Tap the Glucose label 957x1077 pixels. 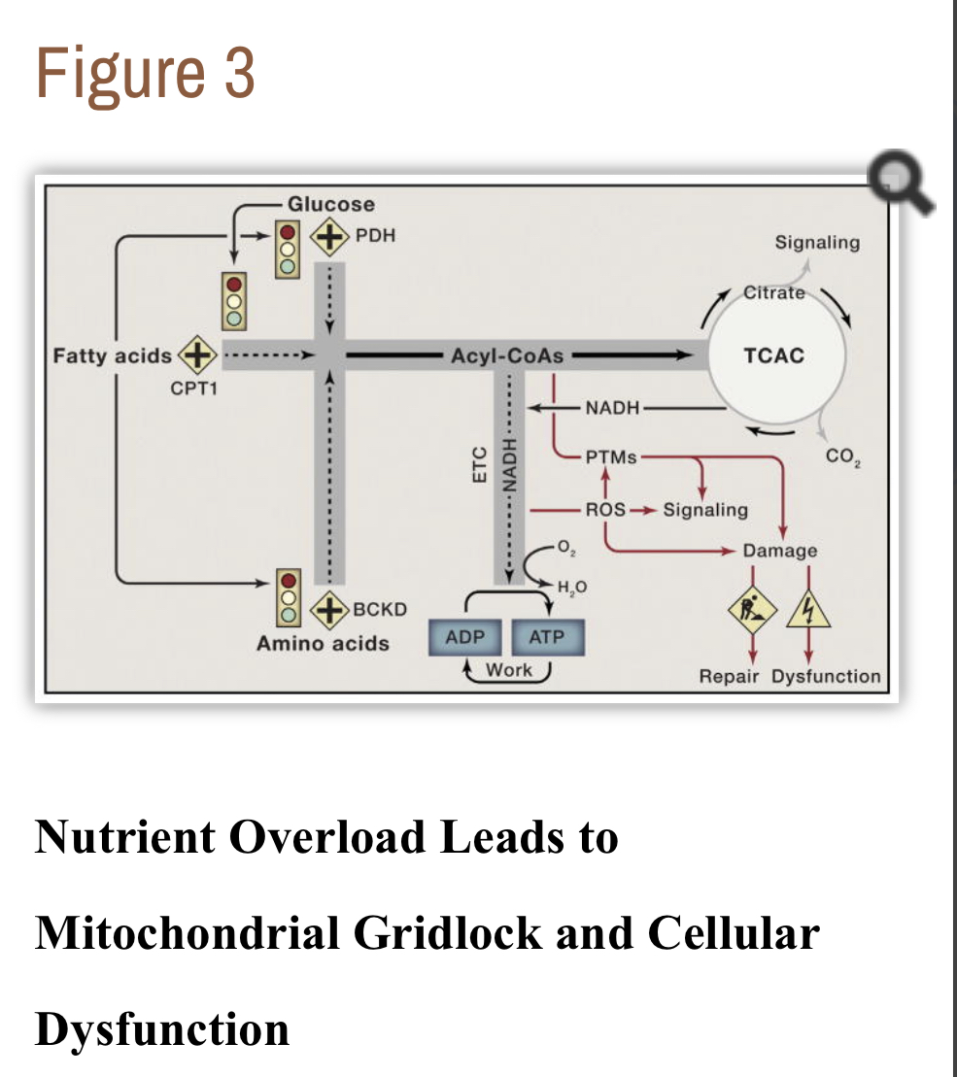click(331, 204)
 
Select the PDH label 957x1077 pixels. click(375, 235)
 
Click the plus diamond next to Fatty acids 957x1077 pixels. click(195, 354)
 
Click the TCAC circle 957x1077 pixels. click(773, 355)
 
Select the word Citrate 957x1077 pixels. click(774, 292)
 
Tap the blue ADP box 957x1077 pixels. click(464, 638)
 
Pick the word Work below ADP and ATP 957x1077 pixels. click(509, 669)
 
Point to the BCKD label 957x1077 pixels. click(379, 610)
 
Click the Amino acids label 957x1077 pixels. click(323, 643)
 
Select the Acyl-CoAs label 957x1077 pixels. click(507, 355)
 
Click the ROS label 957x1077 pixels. click(604, 509)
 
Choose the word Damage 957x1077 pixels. click(780, 551)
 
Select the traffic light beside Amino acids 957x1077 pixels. click(288, 595)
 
